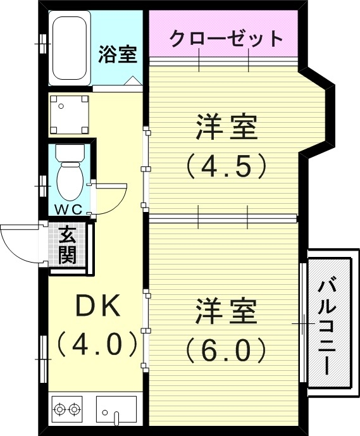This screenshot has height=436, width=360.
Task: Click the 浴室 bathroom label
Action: tap(118, 54)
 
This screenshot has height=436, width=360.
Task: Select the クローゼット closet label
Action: tap(226, 39)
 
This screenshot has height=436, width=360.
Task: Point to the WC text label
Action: tap(68, 208)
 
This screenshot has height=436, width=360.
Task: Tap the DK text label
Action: tap(98, 308)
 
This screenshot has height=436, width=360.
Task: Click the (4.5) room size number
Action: tap(225, 166)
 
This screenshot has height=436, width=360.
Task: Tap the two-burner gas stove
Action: tap(68, 409)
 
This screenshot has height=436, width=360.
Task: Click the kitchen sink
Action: tap(116, 409)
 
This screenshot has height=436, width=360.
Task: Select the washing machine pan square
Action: tap(70, 115)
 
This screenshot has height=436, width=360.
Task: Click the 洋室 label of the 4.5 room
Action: tap(226, 128)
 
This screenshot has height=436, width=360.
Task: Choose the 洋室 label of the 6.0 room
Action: tap(226, 312)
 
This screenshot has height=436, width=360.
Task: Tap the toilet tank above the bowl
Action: tap(69, 153)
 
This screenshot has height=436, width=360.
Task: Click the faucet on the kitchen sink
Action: tap(116, 416)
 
